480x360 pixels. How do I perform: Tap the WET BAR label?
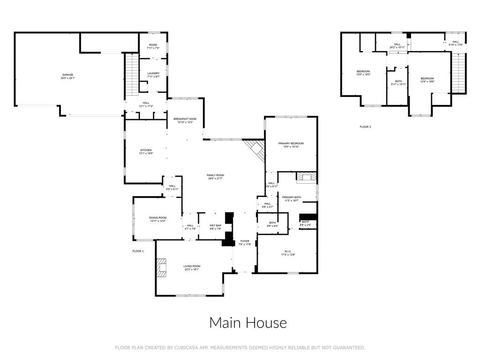tap(215, 227)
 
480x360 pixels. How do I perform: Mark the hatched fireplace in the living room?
tap(162, 268)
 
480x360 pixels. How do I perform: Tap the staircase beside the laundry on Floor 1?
tap(132, 72)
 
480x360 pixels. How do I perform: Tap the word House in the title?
tap(268, 323)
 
